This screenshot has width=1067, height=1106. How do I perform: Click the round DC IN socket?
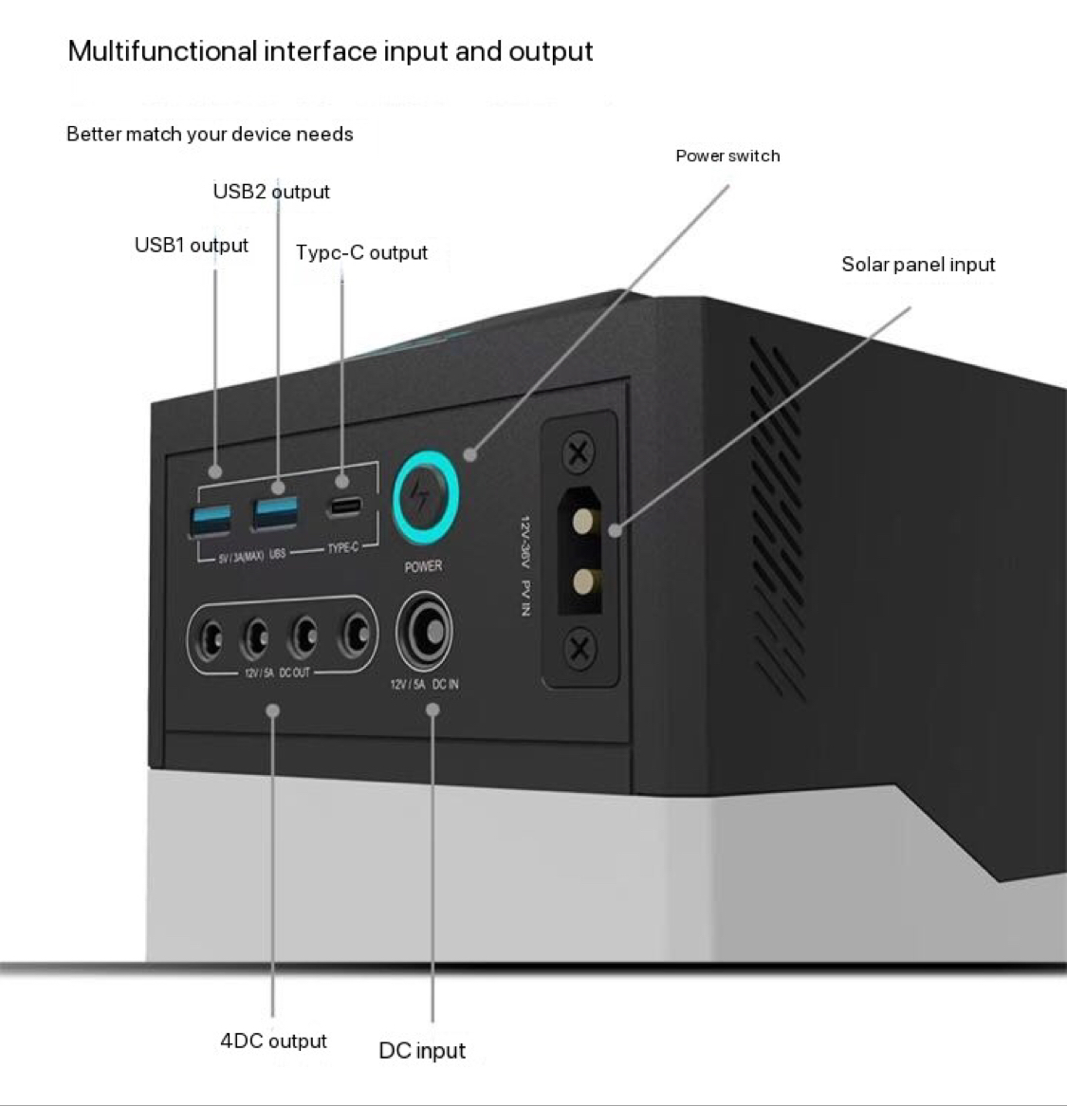[424, 631]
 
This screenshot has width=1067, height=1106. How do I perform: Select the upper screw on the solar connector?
[579, 453]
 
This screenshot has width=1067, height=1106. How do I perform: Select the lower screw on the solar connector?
[579, 650]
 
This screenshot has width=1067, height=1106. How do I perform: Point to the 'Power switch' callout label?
[727, 156]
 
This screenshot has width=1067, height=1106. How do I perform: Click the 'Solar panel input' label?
[918, 265]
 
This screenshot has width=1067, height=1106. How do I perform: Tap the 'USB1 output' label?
[192, 245]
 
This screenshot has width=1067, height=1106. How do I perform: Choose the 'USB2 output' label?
[271, 192]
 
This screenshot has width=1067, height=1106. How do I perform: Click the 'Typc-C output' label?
[361, 252]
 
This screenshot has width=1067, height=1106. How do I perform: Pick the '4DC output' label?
[273, 1041]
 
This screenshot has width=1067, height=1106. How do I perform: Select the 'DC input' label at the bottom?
[422, 1051]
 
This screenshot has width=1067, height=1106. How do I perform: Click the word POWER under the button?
[423, 566]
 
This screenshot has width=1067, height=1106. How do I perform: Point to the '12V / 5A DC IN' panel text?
[424, 684]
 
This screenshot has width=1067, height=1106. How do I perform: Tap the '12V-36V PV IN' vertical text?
[524, 565]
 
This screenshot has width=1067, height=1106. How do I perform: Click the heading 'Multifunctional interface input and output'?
[330, 51]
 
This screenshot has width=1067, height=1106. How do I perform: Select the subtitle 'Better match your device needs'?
[210, 134]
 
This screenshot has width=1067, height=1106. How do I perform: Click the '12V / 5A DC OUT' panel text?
[277, 672]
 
